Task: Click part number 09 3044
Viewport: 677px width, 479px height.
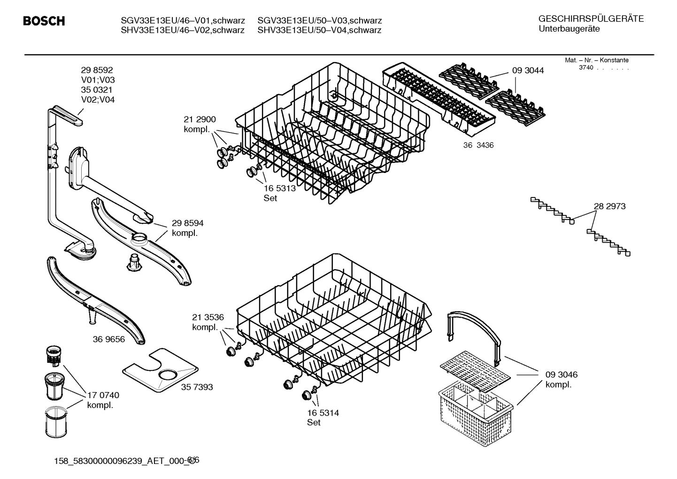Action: (x=528, y=71)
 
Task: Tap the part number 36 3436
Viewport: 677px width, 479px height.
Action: (x=478, y=145)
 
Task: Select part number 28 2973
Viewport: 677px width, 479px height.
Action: (x=609, y=206)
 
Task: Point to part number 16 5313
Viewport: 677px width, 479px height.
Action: (x=279, y=188)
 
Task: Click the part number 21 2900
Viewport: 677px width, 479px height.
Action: (x=200, y=120)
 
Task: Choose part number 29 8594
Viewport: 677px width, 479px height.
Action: (x=187, y=223)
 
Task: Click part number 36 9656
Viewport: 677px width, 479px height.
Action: (x=109, y=339)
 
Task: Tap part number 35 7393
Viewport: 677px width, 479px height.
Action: (x=197, y=387)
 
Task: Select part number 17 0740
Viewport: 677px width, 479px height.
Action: (x=103, y=395)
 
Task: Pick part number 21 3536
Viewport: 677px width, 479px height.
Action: (x=208, y=317)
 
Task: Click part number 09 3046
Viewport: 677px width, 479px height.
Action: (x=561, y=375)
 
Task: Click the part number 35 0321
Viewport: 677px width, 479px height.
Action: (x=97, y=90)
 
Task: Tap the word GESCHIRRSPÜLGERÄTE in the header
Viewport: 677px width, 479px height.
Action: (x=591, y=19)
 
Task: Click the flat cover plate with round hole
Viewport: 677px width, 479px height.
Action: (x=160, y=371)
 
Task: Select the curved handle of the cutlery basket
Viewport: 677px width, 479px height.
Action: (x=474, y=329)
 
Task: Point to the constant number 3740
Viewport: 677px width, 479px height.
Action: (x=586, y=68)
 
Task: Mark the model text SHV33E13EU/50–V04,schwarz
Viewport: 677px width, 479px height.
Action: (x=319, y=31)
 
